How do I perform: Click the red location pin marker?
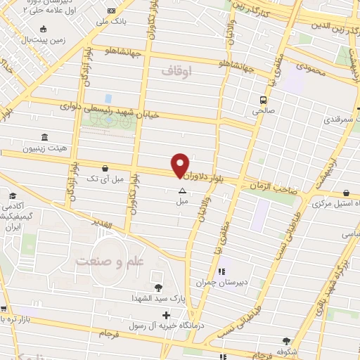[181, 165]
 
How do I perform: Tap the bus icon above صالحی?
[263, 100]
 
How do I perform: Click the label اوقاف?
[176, 70]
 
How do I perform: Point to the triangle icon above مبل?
[182, 191]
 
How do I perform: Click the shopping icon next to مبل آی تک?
[105, 168]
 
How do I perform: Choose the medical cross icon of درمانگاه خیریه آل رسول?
[166, 314]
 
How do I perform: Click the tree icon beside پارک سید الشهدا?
[157, 287]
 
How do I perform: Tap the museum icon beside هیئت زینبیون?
[44, 136]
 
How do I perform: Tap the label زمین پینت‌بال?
[63, 41]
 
